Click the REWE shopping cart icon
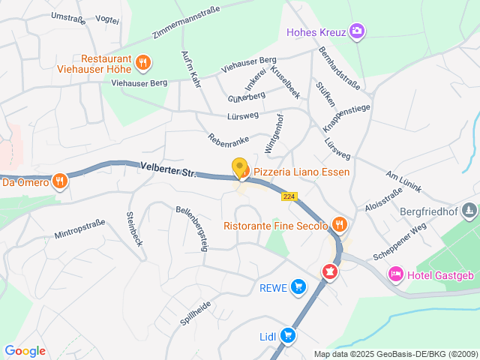298,286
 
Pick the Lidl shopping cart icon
287,336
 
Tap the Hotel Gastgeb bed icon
394,275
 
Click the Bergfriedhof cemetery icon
469,211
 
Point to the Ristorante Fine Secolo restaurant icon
340,224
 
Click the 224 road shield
289,196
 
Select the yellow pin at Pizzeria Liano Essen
240,169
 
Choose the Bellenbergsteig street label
191,228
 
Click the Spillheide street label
195,313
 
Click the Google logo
25,351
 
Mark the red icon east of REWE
328,271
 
